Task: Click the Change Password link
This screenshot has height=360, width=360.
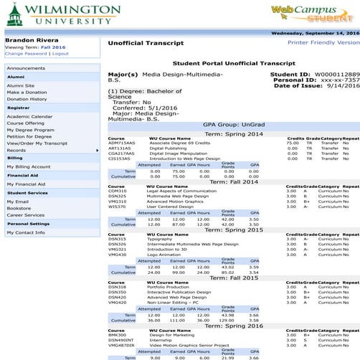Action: pyautogui.click(x=24, y=54)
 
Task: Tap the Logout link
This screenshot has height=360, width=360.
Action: pyautogui.click(x=60, y=54)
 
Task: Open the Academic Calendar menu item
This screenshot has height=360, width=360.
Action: pyautogui.click(x=29, y=116)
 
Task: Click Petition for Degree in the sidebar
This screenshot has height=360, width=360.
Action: pyautogui.click(x=29, y=136)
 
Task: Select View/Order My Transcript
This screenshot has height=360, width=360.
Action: pyautogui.click(x=36, y=143)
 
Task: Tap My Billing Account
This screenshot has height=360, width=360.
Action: pyautogui.click(x=29, y=166)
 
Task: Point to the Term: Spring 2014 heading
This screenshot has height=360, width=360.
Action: pyautogui.click(x=236, y=133)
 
